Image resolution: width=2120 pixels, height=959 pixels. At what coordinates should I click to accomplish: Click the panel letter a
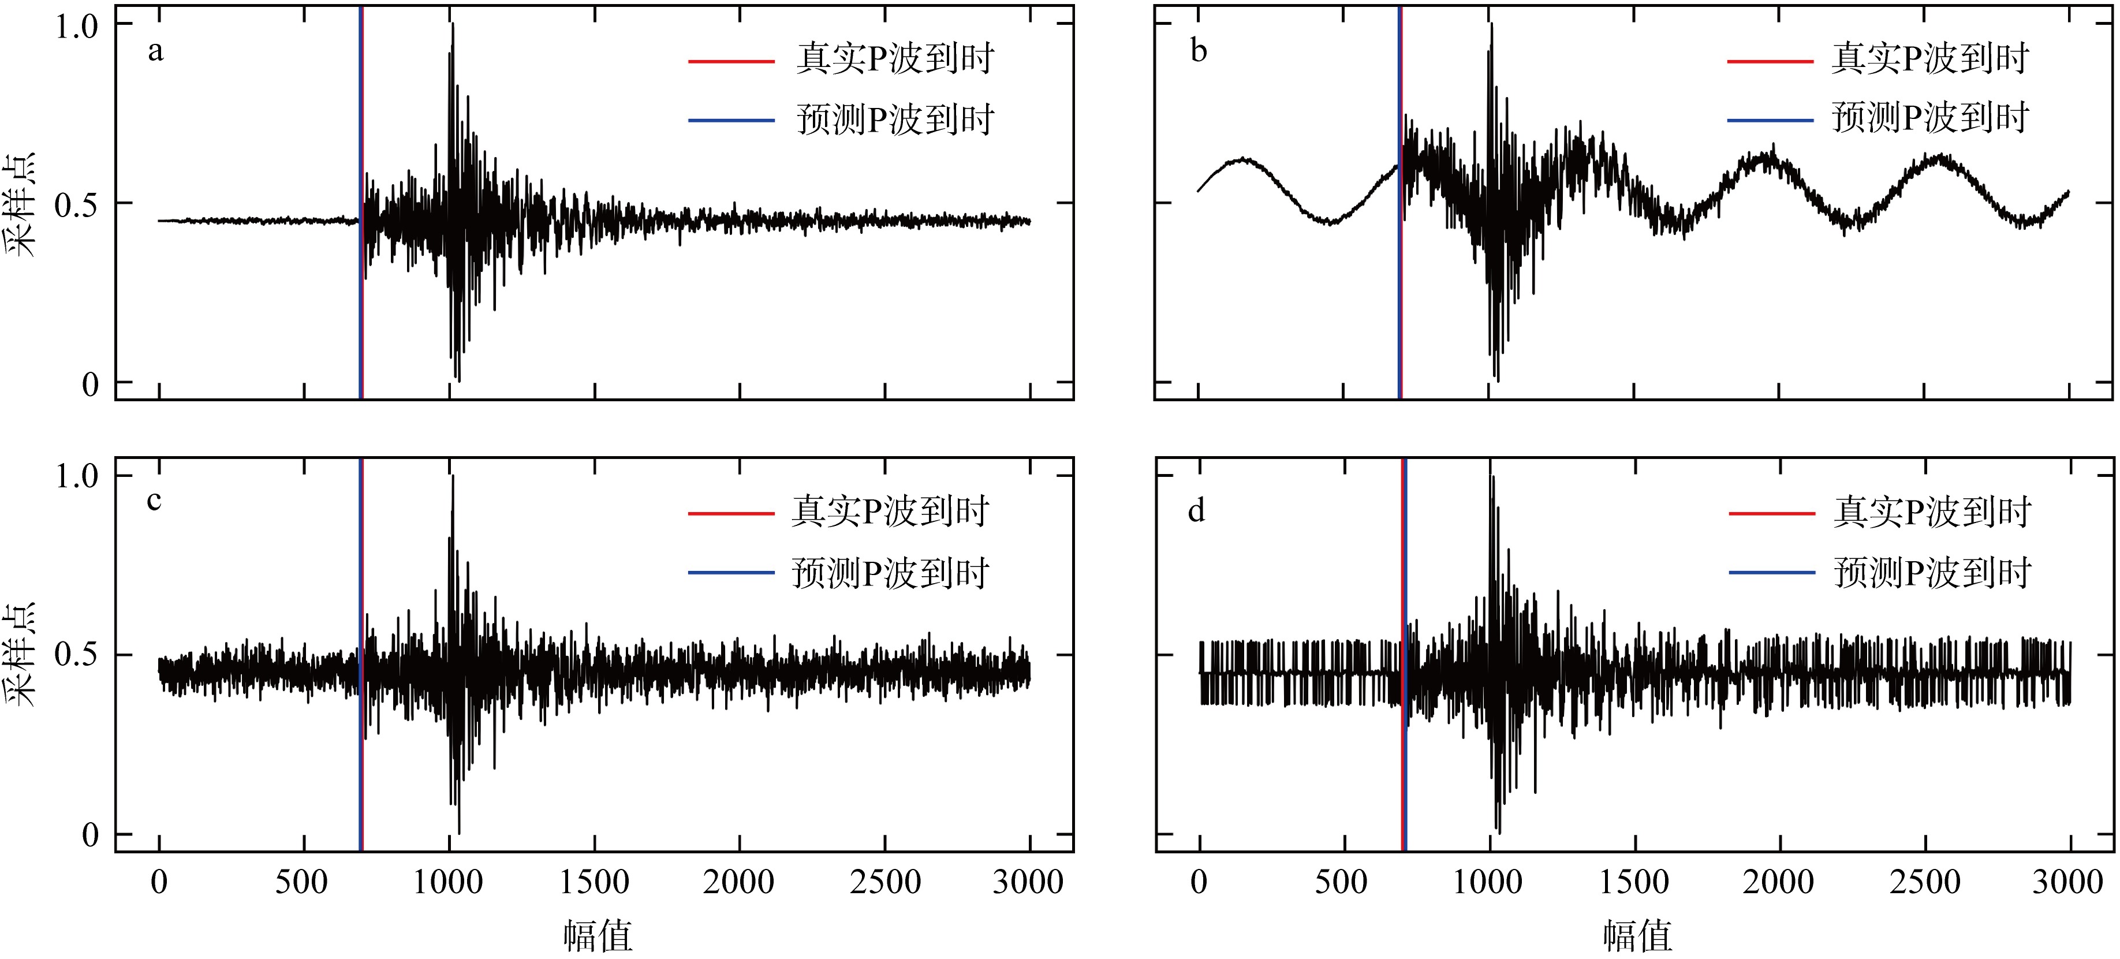pos(155,52)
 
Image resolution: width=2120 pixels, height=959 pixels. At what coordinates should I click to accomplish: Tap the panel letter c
pos(154,501)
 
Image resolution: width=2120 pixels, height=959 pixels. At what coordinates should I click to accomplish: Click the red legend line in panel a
pos(731,61)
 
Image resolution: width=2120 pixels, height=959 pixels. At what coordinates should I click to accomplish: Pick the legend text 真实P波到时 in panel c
pos(890,511)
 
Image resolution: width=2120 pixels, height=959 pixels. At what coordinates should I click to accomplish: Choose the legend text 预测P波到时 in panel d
pos(1932,573)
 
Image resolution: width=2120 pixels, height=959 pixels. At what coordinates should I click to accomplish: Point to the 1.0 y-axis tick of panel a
pos(77,27)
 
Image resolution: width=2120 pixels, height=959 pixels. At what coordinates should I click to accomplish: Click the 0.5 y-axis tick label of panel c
pos(77,655)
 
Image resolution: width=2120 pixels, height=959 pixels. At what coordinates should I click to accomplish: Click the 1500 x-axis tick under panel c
pos(594,882)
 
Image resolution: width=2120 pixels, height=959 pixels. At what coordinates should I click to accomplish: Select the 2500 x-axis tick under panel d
pos(1924,882)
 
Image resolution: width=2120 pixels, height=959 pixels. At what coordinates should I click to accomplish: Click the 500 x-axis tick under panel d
pos(1342,882)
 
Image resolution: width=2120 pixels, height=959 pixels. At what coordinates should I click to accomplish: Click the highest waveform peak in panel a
pos(453,25)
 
